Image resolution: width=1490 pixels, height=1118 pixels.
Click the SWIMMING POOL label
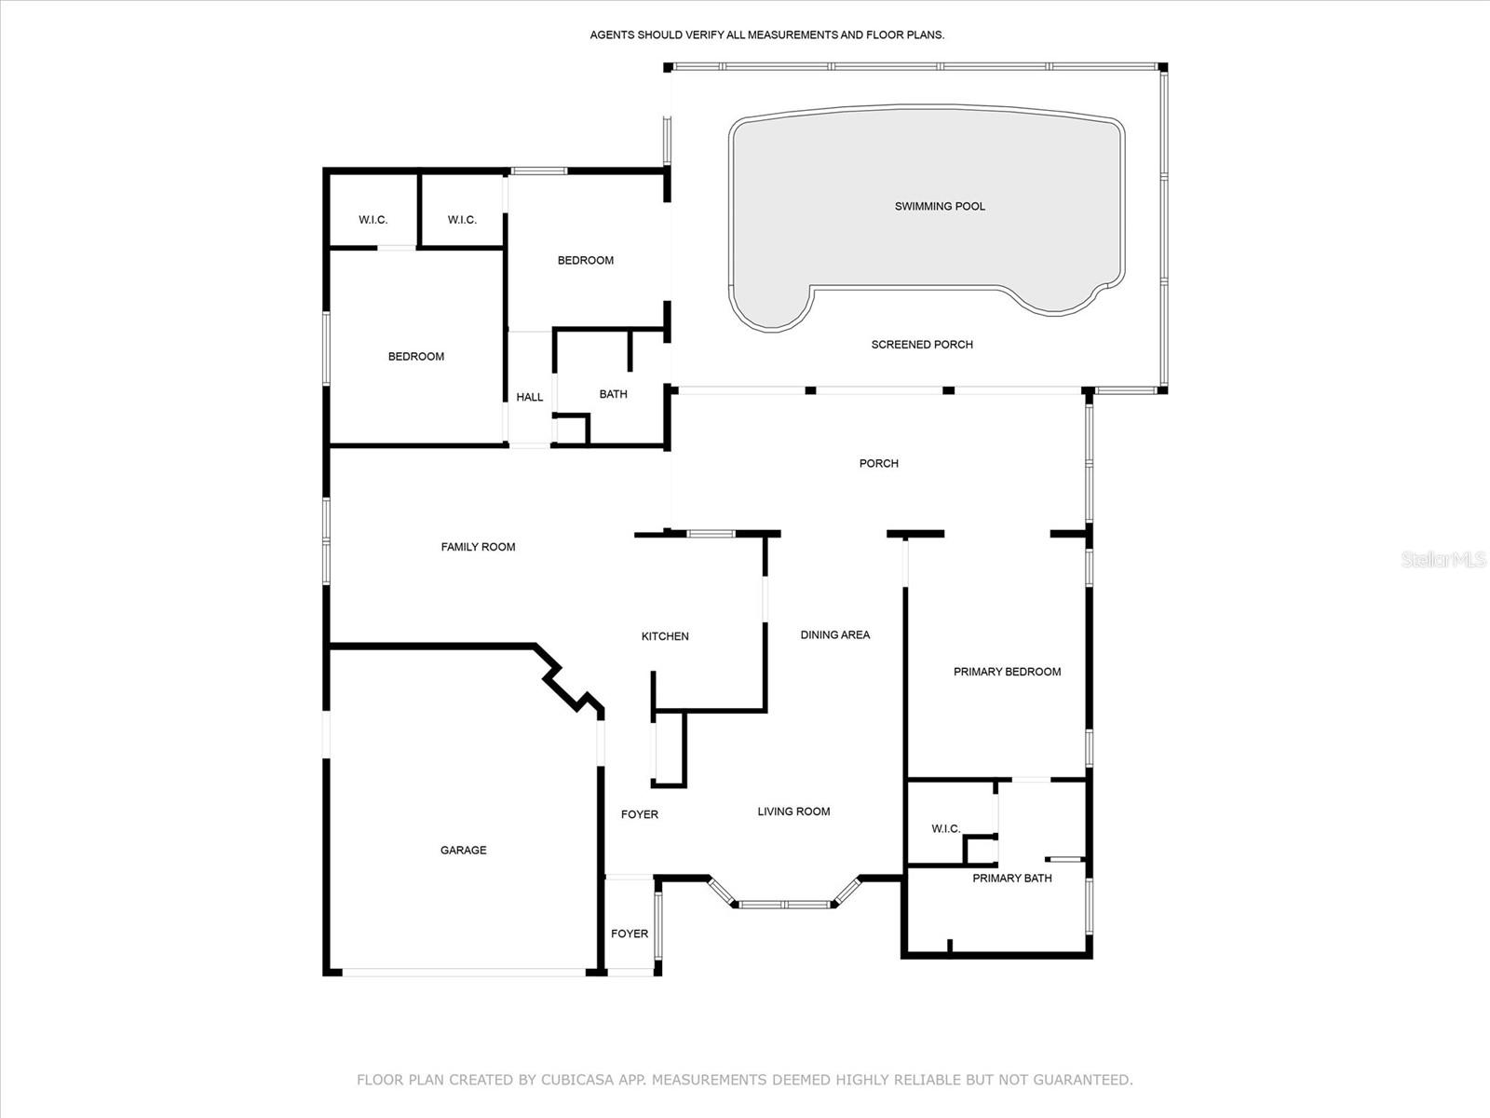(940, 206)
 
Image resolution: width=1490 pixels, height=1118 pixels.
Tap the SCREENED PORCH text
(922, 345)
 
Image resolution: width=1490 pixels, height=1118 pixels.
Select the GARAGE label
(463, 850)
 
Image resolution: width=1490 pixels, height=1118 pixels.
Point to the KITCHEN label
(665, 636)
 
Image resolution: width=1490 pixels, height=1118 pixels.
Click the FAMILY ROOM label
(478, 547)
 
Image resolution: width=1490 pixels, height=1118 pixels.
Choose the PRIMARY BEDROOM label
(1007, 672)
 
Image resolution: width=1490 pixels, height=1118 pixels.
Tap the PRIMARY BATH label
(1012, 878)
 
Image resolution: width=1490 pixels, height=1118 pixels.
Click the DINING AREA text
(834, 634)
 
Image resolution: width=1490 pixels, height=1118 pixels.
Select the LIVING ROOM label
(793, 811)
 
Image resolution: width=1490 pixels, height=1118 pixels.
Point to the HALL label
(529, 397)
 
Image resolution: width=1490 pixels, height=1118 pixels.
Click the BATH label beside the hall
(613, 394)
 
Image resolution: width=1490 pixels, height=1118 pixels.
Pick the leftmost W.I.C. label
(372, 220)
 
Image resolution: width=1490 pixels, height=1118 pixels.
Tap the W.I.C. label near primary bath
(945, 828)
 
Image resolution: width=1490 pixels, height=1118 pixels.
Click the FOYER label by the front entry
(630, 934)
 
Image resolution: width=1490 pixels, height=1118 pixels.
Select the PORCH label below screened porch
(878, 463)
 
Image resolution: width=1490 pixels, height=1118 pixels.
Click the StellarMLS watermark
(1443, 560)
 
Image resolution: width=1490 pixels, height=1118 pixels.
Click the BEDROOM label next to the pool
(585, 260)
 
